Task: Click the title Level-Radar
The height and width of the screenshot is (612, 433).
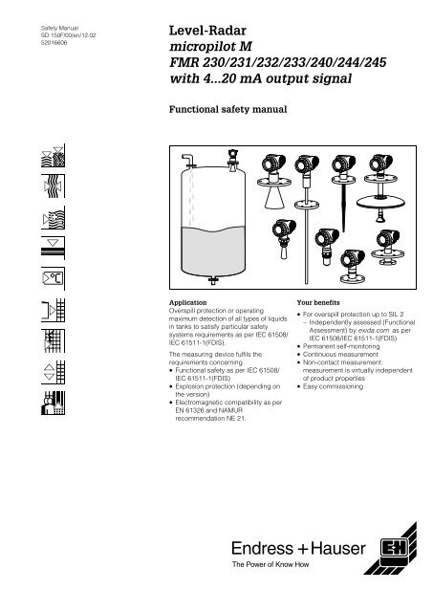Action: click(x=207, y=31)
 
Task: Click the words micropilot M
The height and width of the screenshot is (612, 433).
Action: click(x=210, y=47)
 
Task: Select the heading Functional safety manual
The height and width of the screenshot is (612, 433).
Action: click(x=227, y=109)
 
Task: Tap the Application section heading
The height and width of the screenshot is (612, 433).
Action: click(x=187, y=302)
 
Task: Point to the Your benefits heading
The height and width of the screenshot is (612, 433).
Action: click(x=318, y=302)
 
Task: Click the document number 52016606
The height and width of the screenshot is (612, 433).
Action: click(x=54, y=43)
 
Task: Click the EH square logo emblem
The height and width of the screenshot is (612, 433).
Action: click(x=395, y=548)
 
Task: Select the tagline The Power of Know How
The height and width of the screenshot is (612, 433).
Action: click(x=270, y=564)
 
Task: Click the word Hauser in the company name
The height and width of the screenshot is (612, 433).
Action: click(x=337, y=548)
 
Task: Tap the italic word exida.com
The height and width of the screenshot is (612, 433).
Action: click(x=374, y=330)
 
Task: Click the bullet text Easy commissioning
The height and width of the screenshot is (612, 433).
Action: click(x=333, y=386)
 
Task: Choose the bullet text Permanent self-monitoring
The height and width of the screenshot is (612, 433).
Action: click(x=341, y=346)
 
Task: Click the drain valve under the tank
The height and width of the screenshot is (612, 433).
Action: click(x=212, y=279)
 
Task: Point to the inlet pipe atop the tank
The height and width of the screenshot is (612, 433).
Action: click(x=188, y=160)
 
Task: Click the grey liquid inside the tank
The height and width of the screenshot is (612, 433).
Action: click(x=213, y=250)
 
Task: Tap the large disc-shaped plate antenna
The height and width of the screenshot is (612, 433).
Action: click(x=379, y=202)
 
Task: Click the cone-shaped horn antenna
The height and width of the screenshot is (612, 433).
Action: click(x=274, y=198)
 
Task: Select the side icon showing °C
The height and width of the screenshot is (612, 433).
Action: click(x=54, y=278)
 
